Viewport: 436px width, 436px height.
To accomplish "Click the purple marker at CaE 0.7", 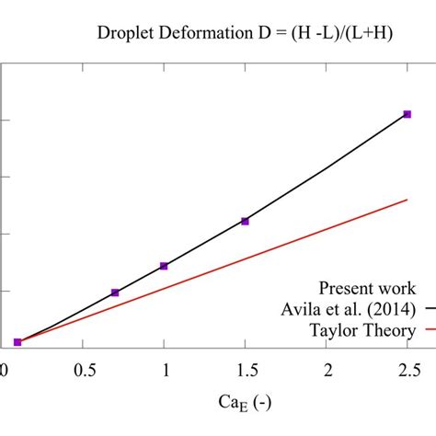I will [115, 293].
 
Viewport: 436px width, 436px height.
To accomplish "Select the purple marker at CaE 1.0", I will [164, 266].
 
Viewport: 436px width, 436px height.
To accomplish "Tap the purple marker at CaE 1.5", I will [245, 221].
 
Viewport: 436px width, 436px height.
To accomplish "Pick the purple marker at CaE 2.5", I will [407, 114].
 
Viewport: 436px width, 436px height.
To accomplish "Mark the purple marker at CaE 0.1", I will [17, 342].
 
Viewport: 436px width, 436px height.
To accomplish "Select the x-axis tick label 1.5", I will [245, 370].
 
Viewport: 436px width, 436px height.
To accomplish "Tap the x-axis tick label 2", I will [327, 370].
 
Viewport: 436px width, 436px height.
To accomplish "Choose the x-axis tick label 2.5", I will [407, 370].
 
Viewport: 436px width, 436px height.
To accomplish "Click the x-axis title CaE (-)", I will [245, 402].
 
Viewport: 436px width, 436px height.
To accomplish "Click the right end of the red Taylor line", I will [407, 199].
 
